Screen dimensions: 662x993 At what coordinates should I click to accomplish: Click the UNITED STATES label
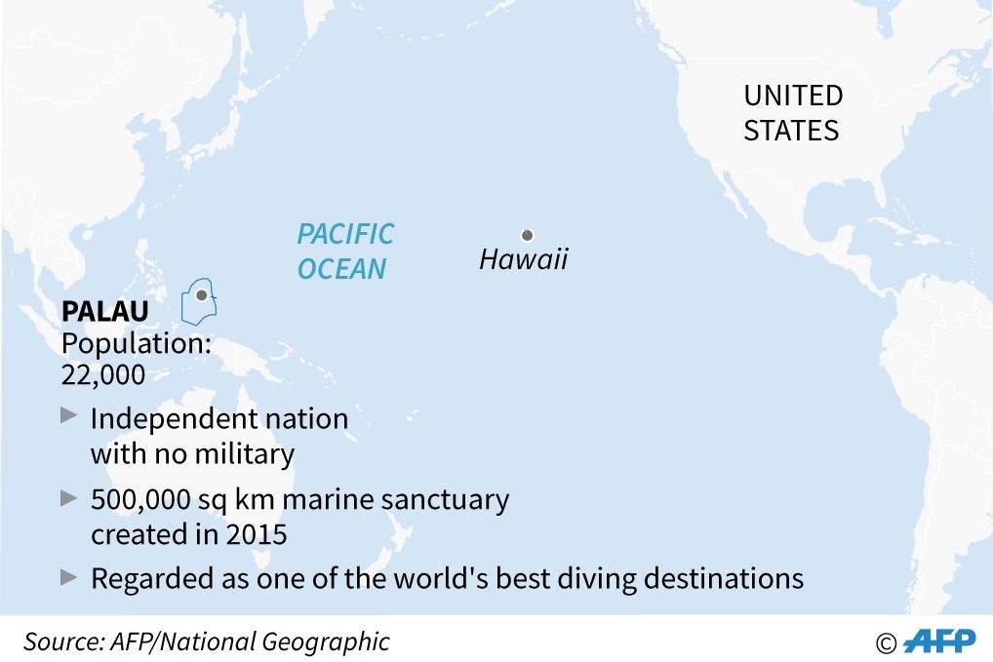click(x=792, y=113)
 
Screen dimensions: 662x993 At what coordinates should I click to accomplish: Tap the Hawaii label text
click(x=523, y=260)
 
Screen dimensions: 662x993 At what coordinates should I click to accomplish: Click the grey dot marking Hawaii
click(x=527, y=235)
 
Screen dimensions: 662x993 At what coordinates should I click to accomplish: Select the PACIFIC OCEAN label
click(x=345, y=251)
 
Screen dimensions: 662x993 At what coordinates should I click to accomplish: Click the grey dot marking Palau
click(x=201, y=294)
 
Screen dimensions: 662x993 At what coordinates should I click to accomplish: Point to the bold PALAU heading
click(x=105, y=312)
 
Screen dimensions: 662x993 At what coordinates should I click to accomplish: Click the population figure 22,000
click(x=103, y=374)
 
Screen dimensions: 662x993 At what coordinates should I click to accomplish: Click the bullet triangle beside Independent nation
click(x=68, y=415)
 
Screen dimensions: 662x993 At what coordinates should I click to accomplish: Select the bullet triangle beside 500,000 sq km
click(x=68, y=497)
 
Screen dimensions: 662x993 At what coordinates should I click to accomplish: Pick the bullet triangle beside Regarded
click(x=68, y=576)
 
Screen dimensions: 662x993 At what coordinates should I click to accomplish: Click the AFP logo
click(x=939, y=642)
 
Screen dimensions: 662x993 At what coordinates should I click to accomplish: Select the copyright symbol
click(x=886, y=643)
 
